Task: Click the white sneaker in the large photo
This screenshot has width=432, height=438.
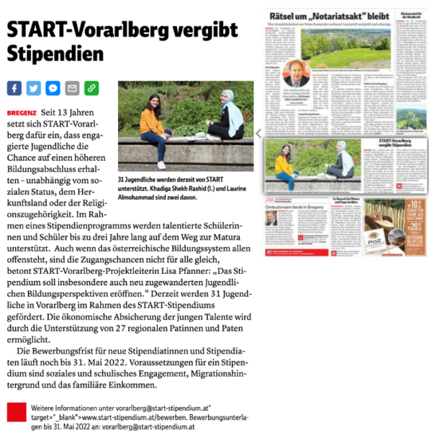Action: pos(161,165)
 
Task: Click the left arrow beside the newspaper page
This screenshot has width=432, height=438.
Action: pos(259,133)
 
